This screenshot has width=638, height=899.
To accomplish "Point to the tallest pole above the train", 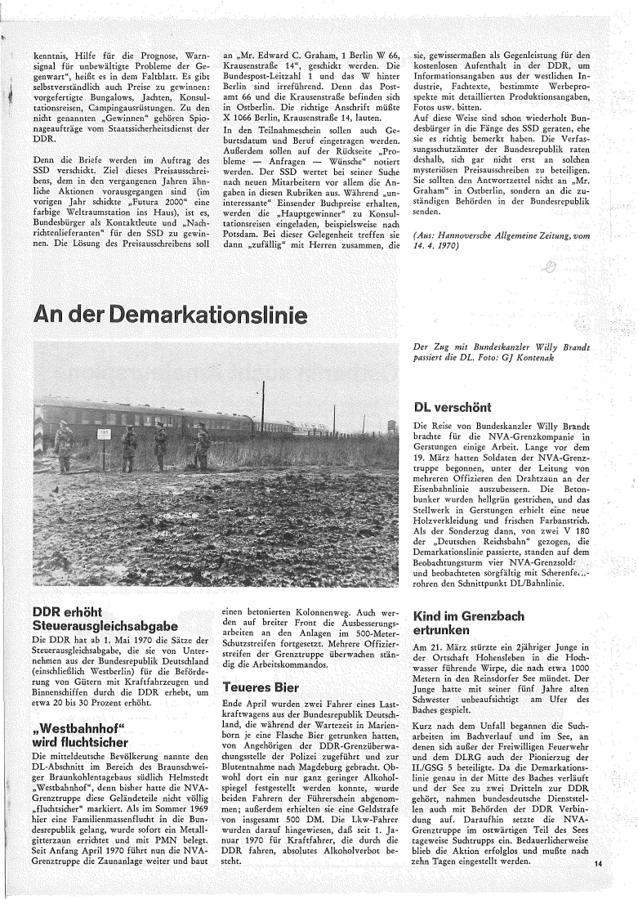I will [263, 406].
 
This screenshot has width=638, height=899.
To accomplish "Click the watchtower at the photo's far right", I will [391, 426].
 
